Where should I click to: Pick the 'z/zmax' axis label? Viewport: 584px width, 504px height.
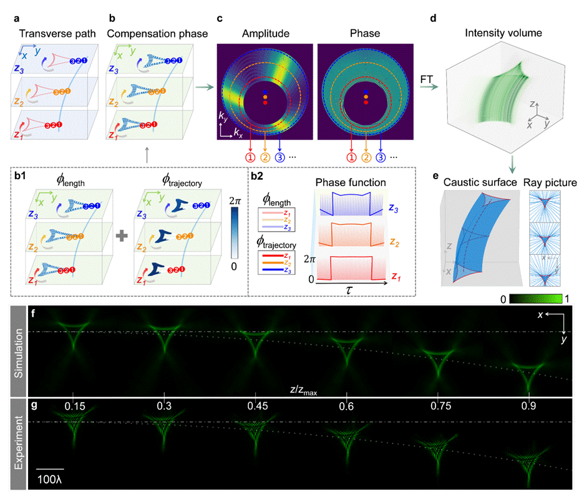pos(303,390)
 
